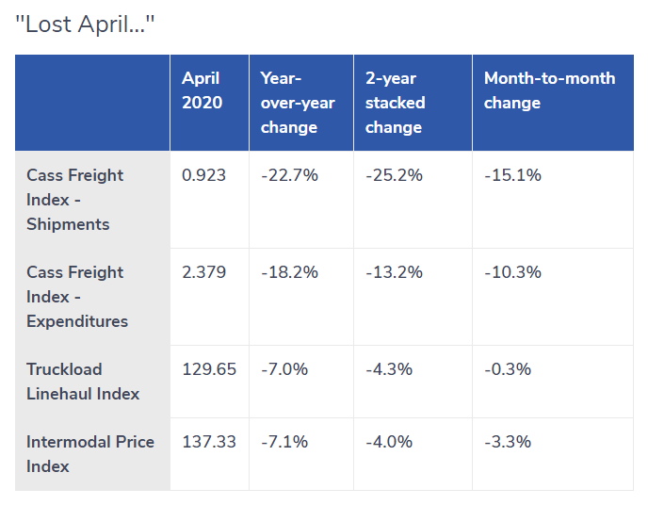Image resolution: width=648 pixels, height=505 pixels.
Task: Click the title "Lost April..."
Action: [85, 24]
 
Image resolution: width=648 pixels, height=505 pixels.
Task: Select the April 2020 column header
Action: [202, 90]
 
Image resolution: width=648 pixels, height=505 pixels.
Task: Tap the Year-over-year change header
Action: [298, 103]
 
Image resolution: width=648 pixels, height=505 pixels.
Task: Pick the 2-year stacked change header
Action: [395, 103]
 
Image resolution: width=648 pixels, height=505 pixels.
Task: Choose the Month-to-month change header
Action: [550, 90]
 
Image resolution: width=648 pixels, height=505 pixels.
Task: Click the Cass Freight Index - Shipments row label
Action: [74, 200]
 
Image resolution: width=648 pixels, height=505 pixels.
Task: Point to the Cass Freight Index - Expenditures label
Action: [77, 297]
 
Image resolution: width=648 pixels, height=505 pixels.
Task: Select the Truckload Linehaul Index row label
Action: [83, 382]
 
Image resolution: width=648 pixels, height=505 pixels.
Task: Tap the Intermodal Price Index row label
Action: [90, 454]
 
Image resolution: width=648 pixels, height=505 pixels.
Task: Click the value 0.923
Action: [203, 175]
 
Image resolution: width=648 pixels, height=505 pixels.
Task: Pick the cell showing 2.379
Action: [203, 272]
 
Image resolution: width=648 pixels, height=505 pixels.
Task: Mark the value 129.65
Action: [209, 369]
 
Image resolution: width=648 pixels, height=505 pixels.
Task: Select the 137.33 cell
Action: [209, 442]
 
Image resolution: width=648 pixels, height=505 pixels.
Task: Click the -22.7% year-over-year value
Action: [290, 175]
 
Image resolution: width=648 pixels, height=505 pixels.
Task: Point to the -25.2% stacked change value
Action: [395, 175]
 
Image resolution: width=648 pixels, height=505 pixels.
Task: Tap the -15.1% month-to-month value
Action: [513, 175]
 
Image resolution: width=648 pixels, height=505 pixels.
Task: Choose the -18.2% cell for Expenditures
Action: [290, 272]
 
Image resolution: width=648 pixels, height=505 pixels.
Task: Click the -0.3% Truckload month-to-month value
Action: [508, 369]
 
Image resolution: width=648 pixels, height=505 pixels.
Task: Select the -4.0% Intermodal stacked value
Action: [389, 442]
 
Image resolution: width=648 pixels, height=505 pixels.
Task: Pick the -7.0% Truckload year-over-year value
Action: [284, 369]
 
